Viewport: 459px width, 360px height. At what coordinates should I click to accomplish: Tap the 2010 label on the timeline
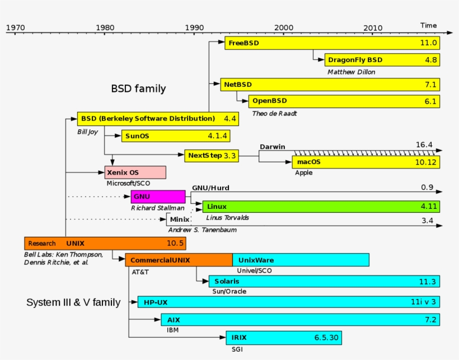[373, 27]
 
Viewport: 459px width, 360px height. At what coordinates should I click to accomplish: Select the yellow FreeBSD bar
[332, 43]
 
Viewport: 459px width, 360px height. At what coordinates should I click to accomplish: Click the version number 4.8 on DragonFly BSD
[430, 60]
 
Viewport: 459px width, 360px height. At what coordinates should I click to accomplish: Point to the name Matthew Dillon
[352, 72]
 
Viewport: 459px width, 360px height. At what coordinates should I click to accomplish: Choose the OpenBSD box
[344, 101]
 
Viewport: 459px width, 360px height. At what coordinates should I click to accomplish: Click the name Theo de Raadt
[274, 113]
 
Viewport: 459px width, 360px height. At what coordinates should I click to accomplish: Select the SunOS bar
[175, 136]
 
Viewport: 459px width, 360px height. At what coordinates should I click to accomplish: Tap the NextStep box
[212, 155]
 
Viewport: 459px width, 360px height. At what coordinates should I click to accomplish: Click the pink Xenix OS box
[135, 172]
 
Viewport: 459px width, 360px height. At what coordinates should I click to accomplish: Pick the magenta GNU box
[158, 197]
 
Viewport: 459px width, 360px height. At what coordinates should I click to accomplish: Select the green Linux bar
[321, 207]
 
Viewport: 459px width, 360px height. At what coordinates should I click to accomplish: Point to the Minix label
[179, 219]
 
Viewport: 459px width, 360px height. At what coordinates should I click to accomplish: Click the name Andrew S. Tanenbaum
[202, 230]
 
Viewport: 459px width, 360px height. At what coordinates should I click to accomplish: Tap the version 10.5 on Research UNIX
[175, 244]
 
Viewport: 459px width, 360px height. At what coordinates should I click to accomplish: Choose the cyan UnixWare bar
[301, 260]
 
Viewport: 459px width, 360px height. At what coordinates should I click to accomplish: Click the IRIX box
[283, 338]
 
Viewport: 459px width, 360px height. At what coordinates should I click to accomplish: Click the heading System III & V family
[73, 303]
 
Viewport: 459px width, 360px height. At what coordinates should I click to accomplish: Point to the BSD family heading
[138, 88]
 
